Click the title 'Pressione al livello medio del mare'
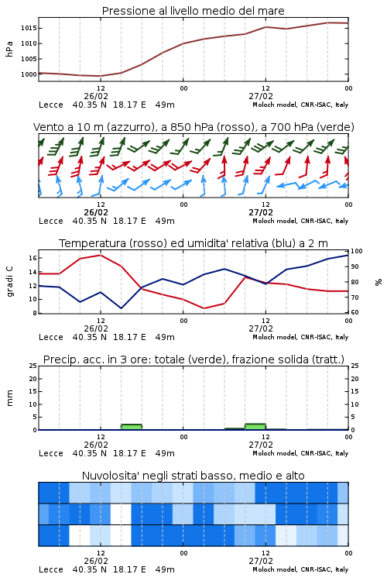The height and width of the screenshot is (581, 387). coord(193,11)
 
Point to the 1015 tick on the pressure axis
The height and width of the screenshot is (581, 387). coord(29,28)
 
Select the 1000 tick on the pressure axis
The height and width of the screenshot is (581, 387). coord(29,74)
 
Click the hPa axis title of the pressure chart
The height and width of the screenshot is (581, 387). coord(9,49)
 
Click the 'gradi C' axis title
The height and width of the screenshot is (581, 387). coord(10,282)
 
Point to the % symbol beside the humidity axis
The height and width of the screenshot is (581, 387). coord(378,282)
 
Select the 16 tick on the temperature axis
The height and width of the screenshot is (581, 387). coord(33,258)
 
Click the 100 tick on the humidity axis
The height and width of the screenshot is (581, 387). coord(357,251)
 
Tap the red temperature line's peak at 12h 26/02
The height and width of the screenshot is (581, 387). coord(101,255)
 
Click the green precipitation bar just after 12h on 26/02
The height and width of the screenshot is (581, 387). coord(132,427)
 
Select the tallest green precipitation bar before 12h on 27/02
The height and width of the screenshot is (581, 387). coord(255,427)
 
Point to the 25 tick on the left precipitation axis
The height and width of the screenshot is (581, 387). coord(33,366)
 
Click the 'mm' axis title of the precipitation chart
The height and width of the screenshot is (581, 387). coord(9,397)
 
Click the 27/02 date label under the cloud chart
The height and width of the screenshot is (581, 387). coord(261,561)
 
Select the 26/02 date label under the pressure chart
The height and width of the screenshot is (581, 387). coord(96,96)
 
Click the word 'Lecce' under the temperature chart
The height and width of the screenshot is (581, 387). coord(51,337)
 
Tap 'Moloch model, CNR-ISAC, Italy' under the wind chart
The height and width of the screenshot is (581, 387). coord(300,222)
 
